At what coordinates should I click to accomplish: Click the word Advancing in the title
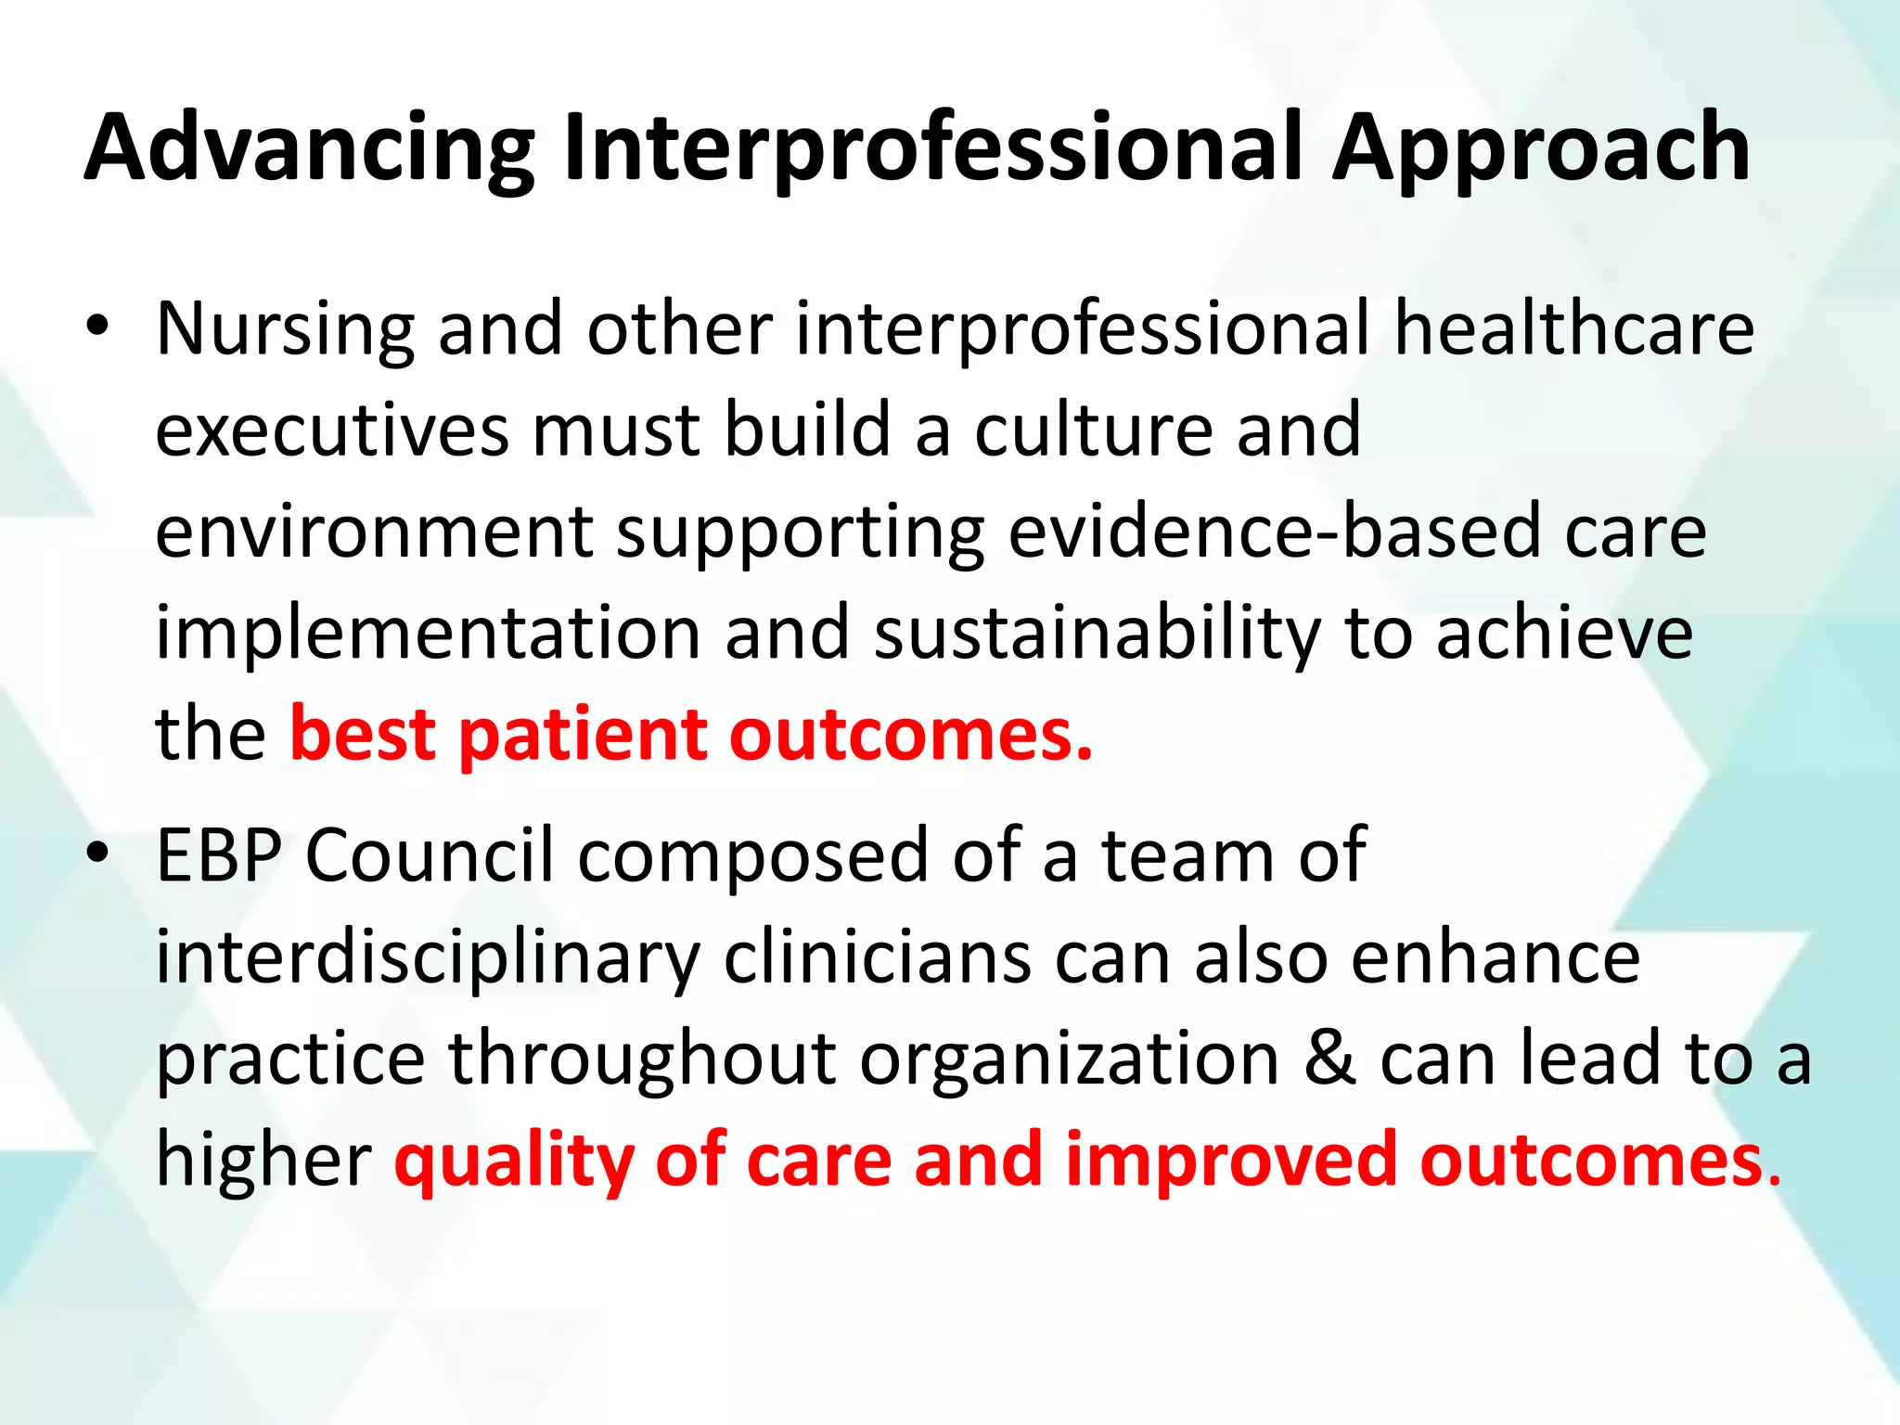tap(310, 148)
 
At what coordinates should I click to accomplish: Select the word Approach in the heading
tap(1541, 148)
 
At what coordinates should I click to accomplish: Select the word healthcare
tap(1574, 329)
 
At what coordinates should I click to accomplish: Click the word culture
tap(1094, 430)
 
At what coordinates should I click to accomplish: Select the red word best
tap(363, 735)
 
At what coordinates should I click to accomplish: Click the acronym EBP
tap(219, 855)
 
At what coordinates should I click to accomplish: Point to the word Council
tap(430, 855)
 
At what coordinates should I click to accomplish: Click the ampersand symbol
tap(1329, 1059)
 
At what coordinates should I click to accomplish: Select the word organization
tap(1070, 1059)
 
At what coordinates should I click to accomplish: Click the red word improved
tap(1231, 1162)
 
